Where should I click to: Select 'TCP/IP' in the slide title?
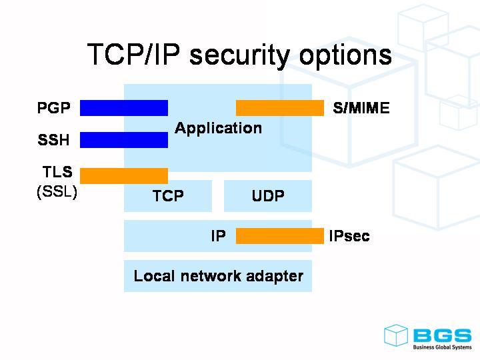pos(134,55)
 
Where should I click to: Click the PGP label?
pos(54,107)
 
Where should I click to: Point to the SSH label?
pos(54,140)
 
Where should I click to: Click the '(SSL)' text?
pos(57,192)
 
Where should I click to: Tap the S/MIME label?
pos(361,108)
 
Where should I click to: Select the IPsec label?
pos(349,236)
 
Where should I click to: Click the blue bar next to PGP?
pos(124,108)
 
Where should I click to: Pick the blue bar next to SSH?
pos(124,140)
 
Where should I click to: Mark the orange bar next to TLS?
pos(124,175)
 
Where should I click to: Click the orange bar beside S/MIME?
pos(280,108)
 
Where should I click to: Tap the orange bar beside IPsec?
pos(280,236)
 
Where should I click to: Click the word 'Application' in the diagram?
pos(218,128)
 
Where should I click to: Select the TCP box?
pos(168,196)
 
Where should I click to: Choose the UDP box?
pos(268,196)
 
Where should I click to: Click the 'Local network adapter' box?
pos(218,276)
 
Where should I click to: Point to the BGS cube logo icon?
pos(395,335)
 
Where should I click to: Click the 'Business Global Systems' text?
pos(442,347)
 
